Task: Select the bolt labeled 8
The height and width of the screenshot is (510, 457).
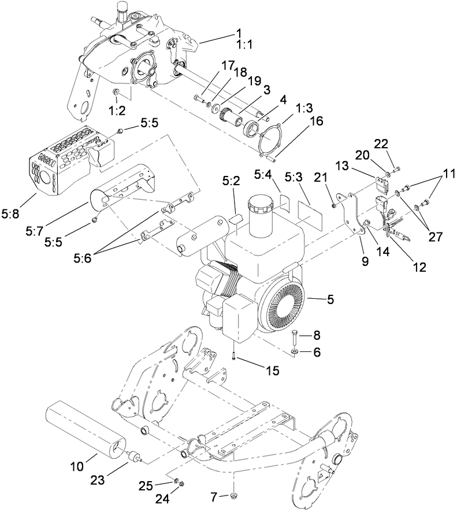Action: pyautogui.click(x=295, y=335)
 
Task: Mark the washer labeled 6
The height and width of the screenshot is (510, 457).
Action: pyautogui.click(x=295, y=351)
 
